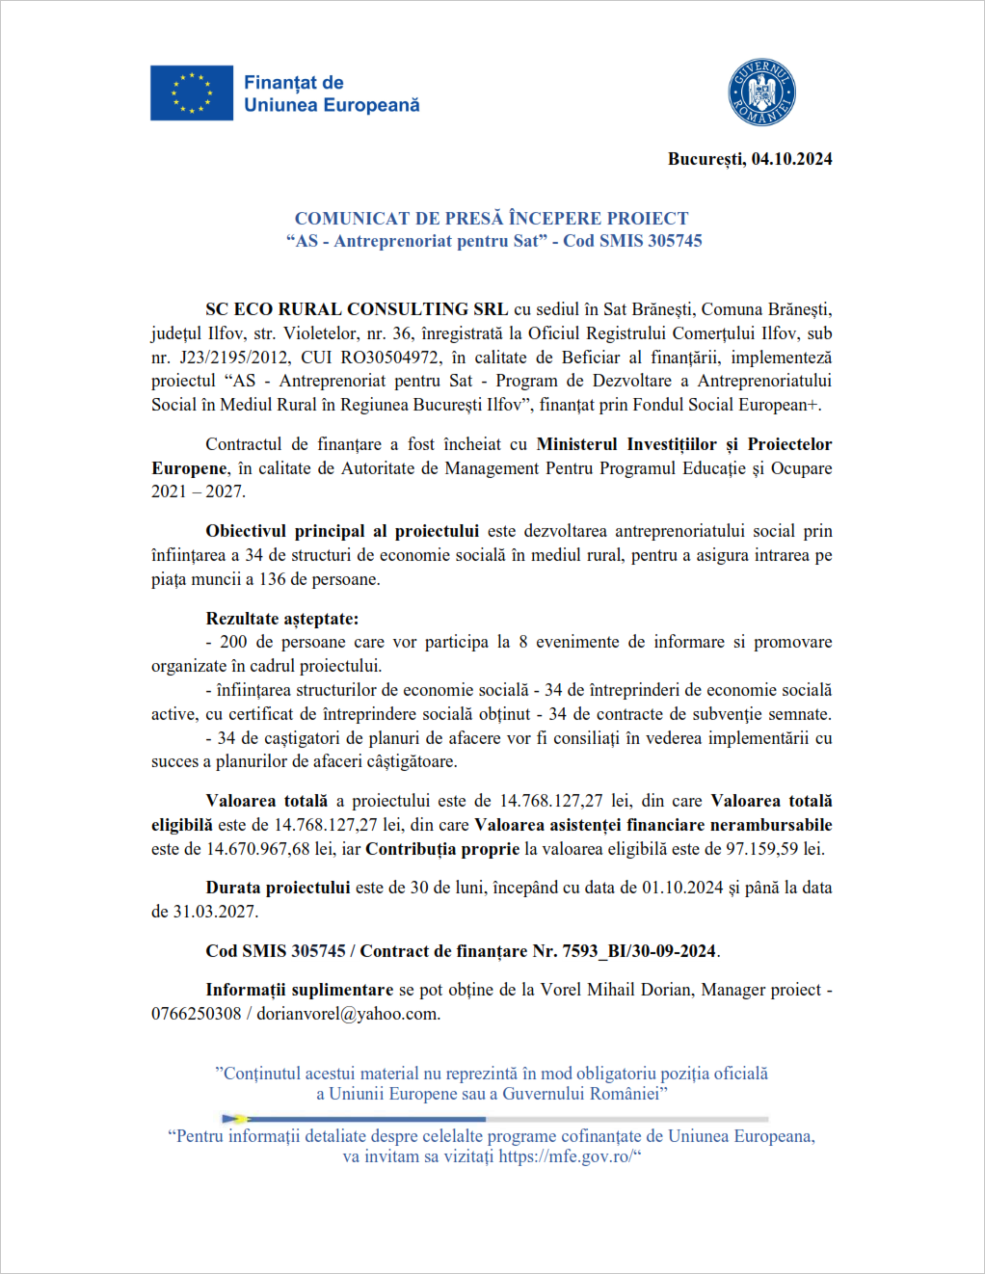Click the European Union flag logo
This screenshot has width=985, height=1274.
(x=192, y=93)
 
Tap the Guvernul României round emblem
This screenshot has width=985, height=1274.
(x=761, y=93)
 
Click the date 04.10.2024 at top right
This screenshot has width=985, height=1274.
(x=791, y=159)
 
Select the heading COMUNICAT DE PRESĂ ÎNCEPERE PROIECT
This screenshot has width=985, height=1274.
(x=492, y=219)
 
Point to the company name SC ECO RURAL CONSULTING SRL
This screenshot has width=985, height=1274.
(x=357, y=309)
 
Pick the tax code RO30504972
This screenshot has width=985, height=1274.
(x=390, y=358)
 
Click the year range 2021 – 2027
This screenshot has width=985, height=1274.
(x=198, y=491)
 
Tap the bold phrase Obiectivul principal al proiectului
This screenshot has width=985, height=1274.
(x=342, y=531)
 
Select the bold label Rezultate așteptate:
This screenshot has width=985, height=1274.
(x=281, y=619)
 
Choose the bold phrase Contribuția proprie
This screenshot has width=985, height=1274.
(x=442, y=849)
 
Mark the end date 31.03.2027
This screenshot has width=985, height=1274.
(x=215, y=912)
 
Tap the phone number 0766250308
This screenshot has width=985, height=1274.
(x=196, y=1014)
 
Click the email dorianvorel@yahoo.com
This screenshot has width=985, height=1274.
(x=348, y=1014)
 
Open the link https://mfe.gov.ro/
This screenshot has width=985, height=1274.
(x=565, y=1156)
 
